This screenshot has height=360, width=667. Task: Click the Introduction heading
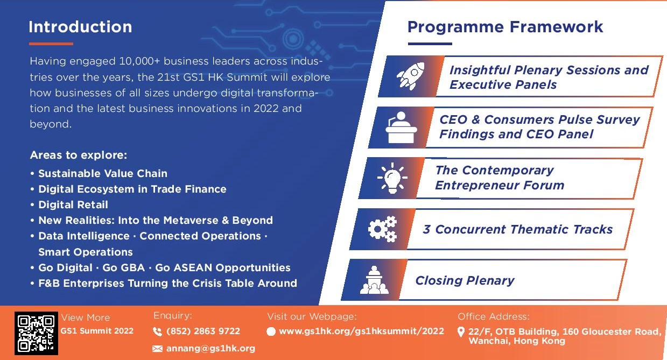pos(80,27)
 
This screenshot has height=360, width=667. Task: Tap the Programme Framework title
pos(505,27)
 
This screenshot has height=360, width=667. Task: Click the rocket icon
pos(410,76)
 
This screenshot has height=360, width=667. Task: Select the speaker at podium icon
pos(402,126)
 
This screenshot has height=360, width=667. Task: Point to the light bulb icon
pos(392,178)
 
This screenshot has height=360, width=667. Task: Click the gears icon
pos(382,229)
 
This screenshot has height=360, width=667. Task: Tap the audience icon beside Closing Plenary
pos(374,280)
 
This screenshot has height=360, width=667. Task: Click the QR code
pos(36,334)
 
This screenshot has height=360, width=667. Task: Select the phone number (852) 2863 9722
pos(203,331)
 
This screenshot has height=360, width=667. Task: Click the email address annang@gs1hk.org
pos(210,348)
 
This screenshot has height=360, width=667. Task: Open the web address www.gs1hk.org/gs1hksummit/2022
pos(361,331)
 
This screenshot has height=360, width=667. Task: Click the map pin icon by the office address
pos(461,331)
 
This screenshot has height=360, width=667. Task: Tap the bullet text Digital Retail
pos(73,204)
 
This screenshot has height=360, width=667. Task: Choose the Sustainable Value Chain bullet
pos(103,173)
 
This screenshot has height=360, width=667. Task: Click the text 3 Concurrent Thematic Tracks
pos(517,230)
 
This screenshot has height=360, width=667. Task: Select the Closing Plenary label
pos(465,280)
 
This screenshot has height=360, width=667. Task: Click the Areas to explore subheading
pos(79,156)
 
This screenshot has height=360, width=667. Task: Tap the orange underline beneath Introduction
pos(51,44)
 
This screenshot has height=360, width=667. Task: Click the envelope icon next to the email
pos(158,349)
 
